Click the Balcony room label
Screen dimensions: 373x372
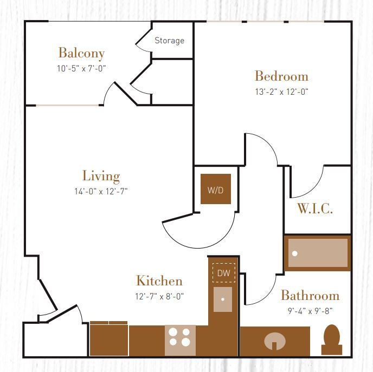[81, 53]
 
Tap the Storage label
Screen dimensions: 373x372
[169, 41]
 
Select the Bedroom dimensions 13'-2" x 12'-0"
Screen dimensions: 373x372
[282, 92]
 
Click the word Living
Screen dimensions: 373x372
[101, 177]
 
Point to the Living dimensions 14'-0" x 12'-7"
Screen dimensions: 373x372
[101, 191]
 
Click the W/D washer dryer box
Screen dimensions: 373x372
[216, 189]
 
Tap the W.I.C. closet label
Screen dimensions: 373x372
[315, 209]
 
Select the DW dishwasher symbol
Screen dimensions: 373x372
[223, 273]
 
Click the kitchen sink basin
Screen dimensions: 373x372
[223, 299]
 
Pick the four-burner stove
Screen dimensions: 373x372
[180, 340]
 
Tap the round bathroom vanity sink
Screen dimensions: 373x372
[275, 341]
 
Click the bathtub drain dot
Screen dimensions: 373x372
[295, 253]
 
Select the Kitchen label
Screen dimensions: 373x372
[159, 281]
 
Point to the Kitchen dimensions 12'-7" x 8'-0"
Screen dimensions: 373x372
[159, 296]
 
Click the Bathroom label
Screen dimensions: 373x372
[310, 296]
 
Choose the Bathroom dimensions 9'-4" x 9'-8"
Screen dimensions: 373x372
[310, 311]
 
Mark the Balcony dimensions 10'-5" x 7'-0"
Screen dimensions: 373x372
[81, 68]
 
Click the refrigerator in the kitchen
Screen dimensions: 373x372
[109, 338]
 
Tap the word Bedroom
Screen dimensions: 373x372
[282, 76]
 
